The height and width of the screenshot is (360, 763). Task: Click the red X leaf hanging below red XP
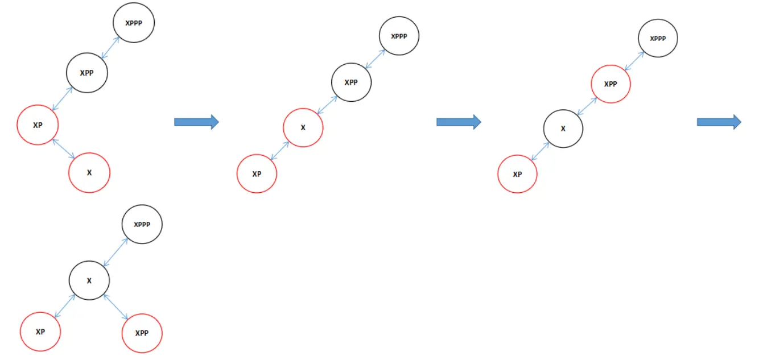[89, 172]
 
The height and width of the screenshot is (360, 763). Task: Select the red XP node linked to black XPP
[38, 125]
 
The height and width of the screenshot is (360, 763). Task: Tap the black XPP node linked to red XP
[86, 73]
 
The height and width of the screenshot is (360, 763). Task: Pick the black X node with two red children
[89, 280]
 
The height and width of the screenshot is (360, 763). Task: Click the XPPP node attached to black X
[142, 224]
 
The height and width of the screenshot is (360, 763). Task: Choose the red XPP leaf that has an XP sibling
[142, 333]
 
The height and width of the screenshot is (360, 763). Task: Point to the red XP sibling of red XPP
[40, 332]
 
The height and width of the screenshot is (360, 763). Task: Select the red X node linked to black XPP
[303, 127]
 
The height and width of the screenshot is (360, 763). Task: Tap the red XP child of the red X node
[257, 174]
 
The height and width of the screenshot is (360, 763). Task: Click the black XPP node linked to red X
[351, 82]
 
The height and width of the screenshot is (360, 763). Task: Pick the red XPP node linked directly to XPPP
[611, 84]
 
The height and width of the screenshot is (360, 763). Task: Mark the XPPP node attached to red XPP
[658, 38]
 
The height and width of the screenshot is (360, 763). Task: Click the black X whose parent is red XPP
[563, 129]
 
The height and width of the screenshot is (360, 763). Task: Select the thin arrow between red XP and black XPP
[62, 99]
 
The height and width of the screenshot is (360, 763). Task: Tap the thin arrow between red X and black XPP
[327, 105]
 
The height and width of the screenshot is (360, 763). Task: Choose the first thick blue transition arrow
[196, 122]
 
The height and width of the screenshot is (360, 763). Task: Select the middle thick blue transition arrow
[459, 122]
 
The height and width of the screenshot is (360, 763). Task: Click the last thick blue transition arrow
[719, 121]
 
